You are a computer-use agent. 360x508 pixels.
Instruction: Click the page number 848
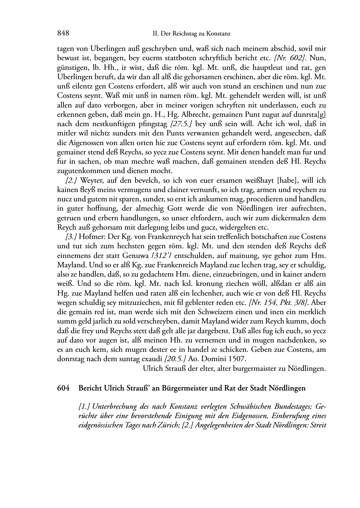(x=63, y=33)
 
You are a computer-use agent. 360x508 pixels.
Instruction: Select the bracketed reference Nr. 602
(x=290, y=58)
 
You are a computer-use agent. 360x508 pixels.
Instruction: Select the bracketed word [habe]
(x=289, y=180)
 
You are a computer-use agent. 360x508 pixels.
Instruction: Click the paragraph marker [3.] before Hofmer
(x=71, y=237)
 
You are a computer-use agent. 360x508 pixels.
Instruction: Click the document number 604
(x=63, y=388)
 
